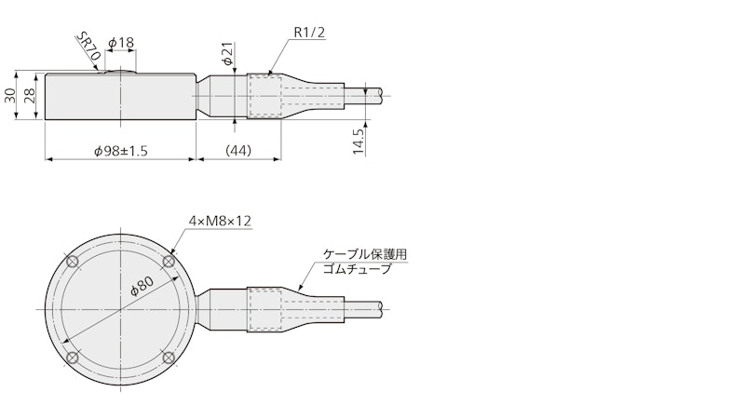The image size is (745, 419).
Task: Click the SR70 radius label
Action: click(x=88, y=48)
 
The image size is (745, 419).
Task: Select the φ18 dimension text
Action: click(x=121, y=43)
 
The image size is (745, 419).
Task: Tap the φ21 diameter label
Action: click(x=228, y=53)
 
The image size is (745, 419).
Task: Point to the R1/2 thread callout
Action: click(x=309, y=33)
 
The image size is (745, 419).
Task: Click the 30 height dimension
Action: click(x=10, y=96)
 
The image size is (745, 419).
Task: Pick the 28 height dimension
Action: click(x=30, y=96)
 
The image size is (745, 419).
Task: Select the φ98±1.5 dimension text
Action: click(x=121, y=151)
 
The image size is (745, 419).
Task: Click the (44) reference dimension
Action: click(x=238, y=151)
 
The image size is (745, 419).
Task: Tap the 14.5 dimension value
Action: click(x=359, y=141)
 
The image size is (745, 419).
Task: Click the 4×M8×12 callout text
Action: click(x=220, y=221)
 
